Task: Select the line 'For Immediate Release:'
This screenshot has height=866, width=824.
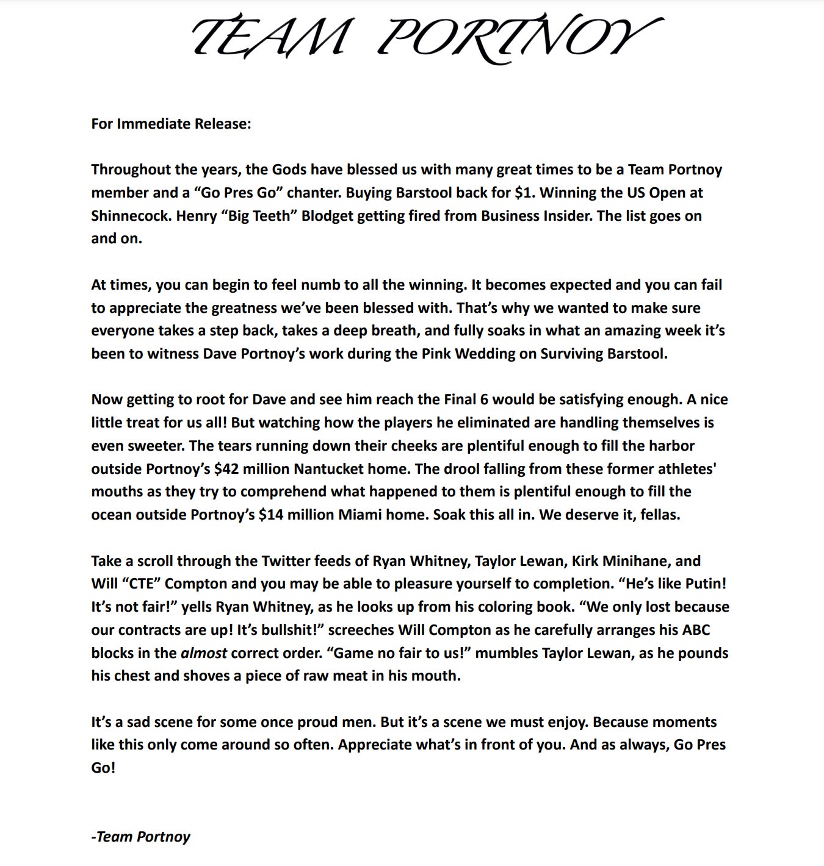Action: (171, 124)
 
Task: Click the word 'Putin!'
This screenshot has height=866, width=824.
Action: (706, 584)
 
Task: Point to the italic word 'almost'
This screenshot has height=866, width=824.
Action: (204, 653)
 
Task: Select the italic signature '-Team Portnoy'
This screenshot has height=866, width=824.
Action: (141, 837)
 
